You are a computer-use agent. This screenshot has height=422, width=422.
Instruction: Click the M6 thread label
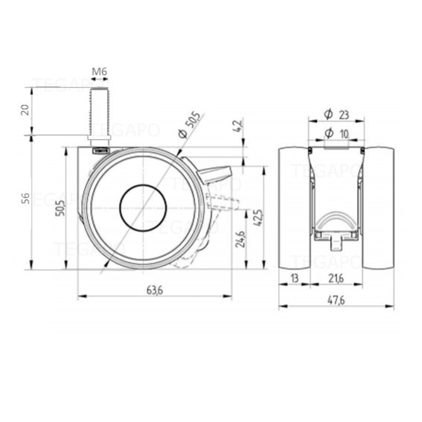99,72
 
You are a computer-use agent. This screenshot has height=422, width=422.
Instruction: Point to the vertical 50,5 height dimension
60,206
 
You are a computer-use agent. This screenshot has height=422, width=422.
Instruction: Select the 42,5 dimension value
259,217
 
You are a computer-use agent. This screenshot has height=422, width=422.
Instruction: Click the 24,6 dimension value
240,238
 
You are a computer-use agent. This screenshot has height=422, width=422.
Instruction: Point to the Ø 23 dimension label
337,114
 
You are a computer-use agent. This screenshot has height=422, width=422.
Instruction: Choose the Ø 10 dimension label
337,134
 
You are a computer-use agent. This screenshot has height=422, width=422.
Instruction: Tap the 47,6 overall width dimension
336,301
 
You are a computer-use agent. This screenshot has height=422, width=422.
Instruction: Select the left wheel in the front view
294,209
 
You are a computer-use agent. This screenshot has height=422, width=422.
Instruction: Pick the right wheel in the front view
378,209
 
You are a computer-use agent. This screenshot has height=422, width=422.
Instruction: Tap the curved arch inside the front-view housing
336,220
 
